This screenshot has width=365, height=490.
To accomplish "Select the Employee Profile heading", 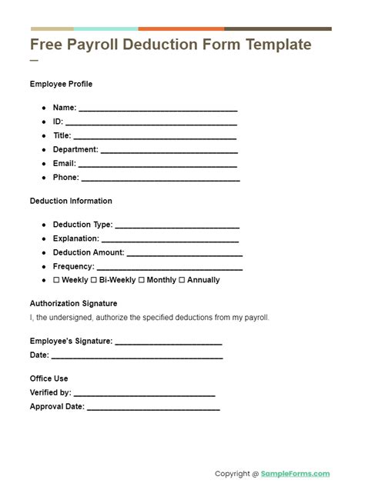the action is coord(61,84).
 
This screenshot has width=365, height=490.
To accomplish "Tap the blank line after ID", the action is coord(151,123).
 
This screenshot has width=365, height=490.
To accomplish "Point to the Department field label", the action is coord(75,150).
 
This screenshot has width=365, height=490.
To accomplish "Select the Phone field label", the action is coord(65,178).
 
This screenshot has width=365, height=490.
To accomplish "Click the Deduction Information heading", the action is coord(71,201).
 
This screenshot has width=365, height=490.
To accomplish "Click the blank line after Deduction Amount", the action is coord(184,254).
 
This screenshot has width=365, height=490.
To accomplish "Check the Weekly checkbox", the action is coord(56,280).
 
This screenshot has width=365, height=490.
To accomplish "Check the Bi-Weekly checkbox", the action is coord(94,280).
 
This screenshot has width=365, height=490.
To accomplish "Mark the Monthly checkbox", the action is coord(142,280).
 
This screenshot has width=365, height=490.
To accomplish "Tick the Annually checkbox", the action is coord(182,280).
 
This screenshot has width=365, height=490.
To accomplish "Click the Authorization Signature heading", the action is coord(73,303).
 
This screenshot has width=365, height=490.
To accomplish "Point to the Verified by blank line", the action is coord(144,394).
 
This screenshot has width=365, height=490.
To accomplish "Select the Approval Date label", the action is coord(57,407).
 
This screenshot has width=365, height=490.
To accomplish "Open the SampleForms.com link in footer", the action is coord(296,474).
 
